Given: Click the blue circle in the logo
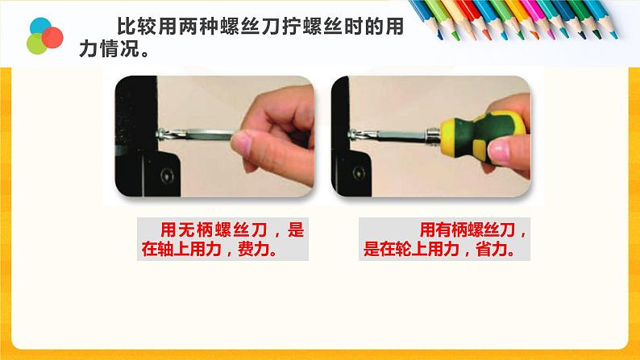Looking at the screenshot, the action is point(40,27).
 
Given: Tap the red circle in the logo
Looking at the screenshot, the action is point(52,38).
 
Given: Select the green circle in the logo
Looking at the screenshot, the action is point(36,43).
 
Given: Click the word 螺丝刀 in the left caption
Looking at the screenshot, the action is point(242,230).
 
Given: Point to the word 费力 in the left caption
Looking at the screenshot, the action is point(252,249).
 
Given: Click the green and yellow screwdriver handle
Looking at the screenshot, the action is point(483,137).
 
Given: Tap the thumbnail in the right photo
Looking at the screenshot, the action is point(499,151).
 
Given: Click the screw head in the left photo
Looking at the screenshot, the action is point(160,134).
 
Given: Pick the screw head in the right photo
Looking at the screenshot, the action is point(351,134).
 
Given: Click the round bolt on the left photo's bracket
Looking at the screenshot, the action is point(167,176).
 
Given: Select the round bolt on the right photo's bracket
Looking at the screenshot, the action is point(359,173).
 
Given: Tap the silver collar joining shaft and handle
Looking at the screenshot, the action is point(433,135).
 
